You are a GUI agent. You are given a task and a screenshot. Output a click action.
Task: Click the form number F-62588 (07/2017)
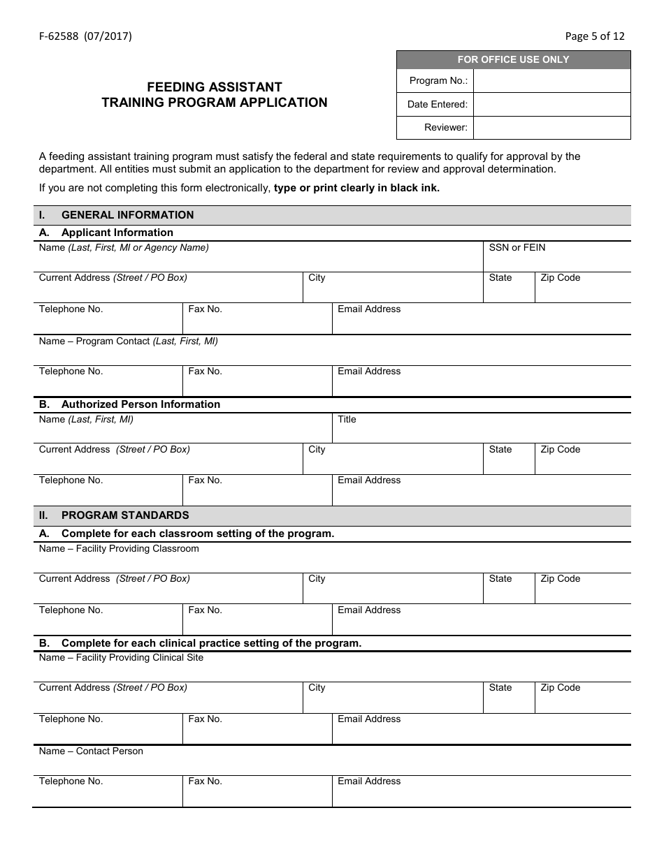click(85, 36)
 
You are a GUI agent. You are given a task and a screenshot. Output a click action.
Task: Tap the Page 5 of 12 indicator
click(594, 36)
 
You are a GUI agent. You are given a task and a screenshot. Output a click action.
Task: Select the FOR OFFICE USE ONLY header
click(513, 60)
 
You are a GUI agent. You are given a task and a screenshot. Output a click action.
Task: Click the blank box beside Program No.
click(551, 81)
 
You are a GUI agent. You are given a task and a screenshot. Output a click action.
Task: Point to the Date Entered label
click(437, 105)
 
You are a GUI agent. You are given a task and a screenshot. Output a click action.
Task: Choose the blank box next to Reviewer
click(551, 128)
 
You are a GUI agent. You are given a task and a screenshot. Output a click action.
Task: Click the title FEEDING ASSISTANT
click(214, 87)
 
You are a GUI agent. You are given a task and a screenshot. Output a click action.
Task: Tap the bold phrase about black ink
click(356, 188)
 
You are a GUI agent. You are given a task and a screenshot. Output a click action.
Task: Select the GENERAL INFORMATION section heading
click(127, 215)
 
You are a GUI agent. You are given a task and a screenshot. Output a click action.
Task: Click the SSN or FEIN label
click(517, 248)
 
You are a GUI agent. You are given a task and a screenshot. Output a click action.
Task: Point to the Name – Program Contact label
click(128, 342)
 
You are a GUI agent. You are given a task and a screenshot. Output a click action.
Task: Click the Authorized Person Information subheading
click(140, 404)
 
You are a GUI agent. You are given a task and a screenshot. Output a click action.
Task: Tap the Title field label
click(347, 420)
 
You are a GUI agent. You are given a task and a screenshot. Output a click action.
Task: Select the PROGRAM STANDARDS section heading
click(125, 515)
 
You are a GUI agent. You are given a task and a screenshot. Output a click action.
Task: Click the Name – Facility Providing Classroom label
click(119, 549)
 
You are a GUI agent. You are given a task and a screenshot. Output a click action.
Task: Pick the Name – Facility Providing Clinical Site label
click(121, 658)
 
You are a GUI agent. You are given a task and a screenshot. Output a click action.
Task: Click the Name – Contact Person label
click(91, 751)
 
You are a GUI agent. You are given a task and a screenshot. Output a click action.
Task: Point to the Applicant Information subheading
click(117, 233)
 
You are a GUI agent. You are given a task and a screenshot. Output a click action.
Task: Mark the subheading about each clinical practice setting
click(211, 643)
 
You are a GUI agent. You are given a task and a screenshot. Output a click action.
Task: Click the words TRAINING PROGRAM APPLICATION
click(214, 103)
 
